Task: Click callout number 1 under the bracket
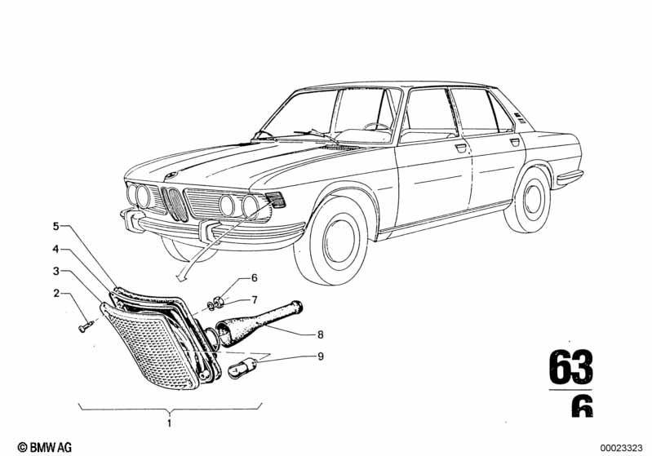[169, 422]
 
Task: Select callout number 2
[57, 292]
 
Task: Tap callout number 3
[57, 270]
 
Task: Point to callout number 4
[57, 247]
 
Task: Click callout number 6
[254, 278]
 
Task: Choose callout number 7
[254, 299]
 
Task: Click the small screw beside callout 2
[86, 327]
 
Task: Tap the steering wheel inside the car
[376, 126]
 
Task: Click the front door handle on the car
[461, 148]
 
